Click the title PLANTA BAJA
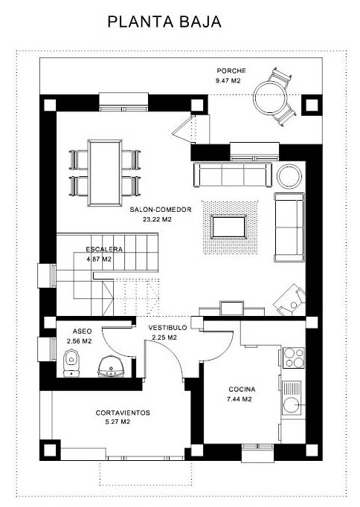164,22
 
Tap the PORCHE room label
231,71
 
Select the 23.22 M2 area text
157,219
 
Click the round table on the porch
270,97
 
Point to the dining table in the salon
105,172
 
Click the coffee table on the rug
228,227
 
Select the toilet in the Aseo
71,364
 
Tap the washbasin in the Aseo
111,366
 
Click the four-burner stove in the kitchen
293,358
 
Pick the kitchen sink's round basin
292,405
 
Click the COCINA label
242,390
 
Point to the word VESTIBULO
167,328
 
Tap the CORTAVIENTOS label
123,413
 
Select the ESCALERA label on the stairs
104,249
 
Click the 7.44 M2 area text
240,399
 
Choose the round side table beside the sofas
289,176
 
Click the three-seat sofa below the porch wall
233,174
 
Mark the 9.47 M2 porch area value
228,80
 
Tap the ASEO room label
82,332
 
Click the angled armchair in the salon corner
290,300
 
